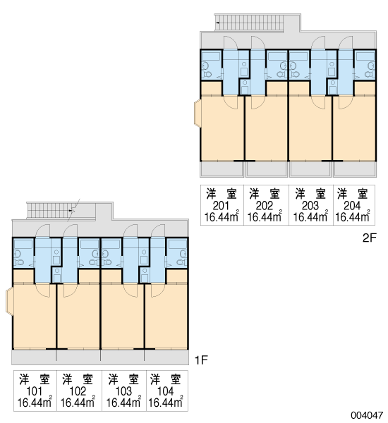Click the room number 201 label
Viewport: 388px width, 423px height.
coord(221,206)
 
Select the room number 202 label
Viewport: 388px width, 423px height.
coord(265,206)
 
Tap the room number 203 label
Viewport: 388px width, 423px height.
coord(310,206)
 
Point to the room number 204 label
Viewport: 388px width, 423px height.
coord(352,206)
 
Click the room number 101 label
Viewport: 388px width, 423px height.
coord(34,391)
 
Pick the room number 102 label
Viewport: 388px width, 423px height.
coord(78,391)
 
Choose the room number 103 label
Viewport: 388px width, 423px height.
coord(123,391)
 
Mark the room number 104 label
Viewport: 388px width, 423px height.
coord(165,391)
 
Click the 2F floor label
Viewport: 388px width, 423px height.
coord(369,238)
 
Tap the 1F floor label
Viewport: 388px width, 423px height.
coord(202,360)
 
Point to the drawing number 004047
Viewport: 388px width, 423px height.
coord(367,415)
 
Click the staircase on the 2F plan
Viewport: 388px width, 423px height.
coord(250,23)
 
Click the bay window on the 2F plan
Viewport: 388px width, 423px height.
coord(198,113)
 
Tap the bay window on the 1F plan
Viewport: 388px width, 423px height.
coord(9,301)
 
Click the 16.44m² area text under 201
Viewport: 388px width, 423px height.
coord(222,216)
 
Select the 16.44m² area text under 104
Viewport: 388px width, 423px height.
coord(166,402)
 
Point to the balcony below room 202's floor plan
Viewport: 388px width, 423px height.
coord(266,169)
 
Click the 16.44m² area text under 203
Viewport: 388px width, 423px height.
coord(310,216)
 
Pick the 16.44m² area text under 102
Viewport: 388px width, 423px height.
coord(78,402)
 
